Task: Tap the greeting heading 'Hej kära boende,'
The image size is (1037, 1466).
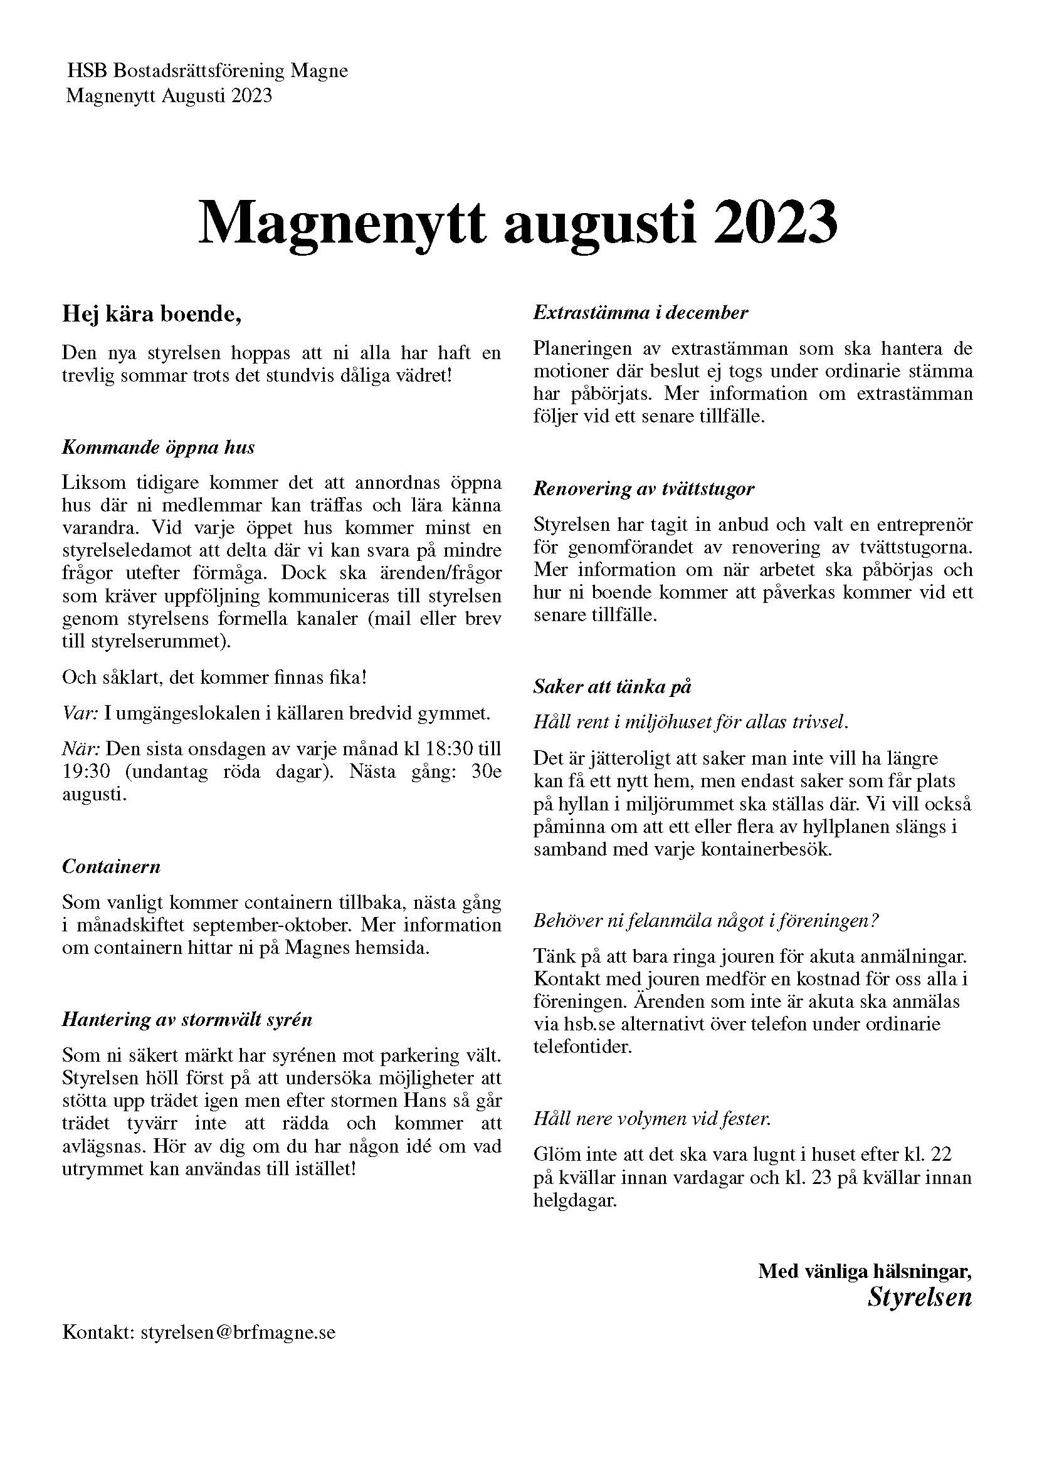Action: pyautogui.click(x=152, y=315)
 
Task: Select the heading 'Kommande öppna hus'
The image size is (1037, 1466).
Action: pyautogui.click(x=158, y=448)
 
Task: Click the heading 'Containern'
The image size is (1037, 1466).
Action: pyautogui.click(x=111, y=867)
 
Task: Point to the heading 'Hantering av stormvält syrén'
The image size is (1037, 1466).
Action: pyautogui.click(x=186, y=1020)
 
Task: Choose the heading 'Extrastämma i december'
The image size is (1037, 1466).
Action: pyautogui.click(x=641, y=313)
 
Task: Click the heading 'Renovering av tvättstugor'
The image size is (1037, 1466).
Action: pyautogui.click(x=644, y=489)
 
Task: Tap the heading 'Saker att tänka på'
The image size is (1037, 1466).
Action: pyautogui.click(x=613, y=687)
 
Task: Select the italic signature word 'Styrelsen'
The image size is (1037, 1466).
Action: pyautogui.click(x=919, y=1297)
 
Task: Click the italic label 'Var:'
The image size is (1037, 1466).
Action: pyautogui.click(x=80, y=713)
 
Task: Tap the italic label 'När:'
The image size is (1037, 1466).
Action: pyautogui.click(x=81, y=748)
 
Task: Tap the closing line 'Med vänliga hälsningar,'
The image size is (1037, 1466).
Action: pyautogui.click(x=865, y=1270)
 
